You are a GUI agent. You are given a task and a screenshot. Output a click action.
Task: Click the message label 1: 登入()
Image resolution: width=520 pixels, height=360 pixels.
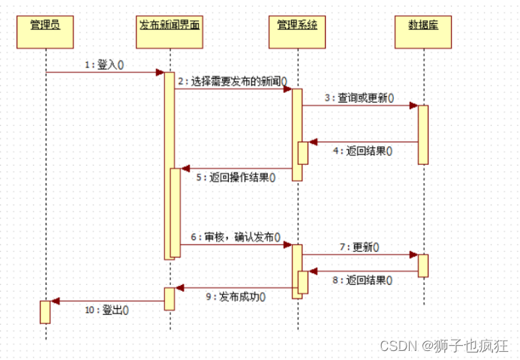point(104,64)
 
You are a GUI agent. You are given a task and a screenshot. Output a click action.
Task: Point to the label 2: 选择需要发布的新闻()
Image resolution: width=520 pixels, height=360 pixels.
point(233,80)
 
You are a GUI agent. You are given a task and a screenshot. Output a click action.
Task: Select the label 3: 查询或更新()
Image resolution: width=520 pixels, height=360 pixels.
point(359,97)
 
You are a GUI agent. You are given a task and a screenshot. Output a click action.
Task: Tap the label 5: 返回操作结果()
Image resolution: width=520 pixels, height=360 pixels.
point(236,178)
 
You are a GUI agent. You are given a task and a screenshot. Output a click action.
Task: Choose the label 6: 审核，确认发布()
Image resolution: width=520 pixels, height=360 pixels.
point(236,236)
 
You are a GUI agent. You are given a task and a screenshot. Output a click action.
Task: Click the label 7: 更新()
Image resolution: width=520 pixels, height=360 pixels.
point(359,246)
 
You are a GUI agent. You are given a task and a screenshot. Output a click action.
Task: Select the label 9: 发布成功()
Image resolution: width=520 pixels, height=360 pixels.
point(238,295)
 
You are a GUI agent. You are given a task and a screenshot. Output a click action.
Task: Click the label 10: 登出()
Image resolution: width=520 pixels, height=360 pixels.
point(105,309)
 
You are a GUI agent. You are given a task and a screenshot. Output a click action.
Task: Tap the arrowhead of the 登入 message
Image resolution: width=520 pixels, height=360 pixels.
point(160,72)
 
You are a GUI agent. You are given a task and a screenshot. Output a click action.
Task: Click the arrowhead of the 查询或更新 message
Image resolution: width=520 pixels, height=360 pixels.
point(413,106)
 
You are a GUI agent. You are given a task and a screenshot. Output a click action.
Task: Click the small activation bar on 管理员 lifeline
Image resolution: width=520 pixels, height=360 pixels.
point(45,311)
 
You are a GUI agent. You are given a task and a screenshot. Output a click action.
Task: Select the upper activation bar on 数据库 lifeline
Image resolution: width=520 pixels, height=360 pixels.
point(423,134)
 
